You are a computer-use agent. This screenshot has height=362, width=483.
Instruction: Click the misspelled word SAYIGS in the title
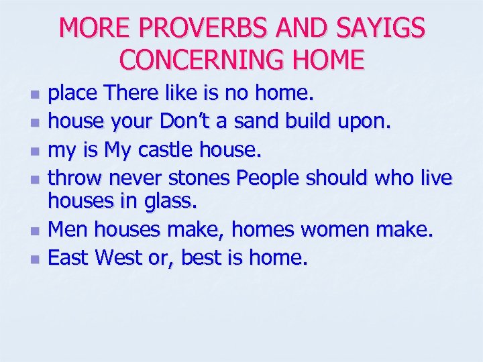point(384,29)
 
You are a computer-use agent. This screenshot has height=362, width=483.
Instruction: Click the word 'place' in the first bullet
point(73,95)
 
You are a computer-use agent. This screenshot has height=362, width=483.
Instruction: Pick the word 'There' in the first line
point(131,95)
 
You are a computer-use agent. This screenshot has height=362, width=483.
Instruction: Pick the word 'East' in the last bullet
point(70,257)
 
